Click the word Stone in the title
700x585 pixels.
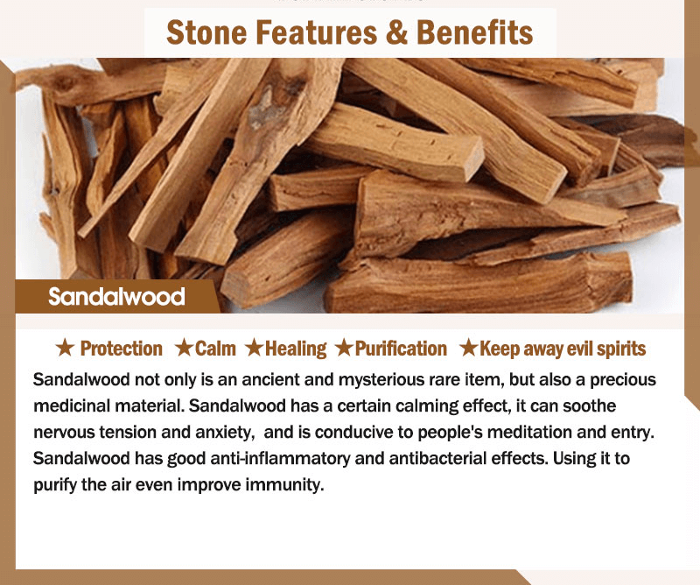tap(206, 32)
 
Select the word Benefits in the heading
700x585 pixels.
tap(474, 32)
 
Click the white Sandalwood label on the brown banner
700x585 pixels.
tap(116, 296)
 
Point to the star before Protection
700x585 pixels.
tap(65, 348)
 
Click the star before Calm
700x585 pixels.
tap(184, 348)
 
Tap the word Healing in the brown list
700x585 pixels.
tap(296, 349)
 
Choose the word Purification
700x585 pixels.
tap(401, 349)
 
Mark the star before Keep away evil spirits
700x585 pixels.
tap(469, 348)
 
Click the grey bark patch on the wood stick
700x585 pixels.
tap(267, 106)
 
